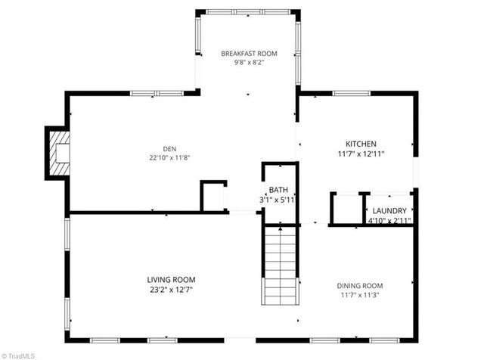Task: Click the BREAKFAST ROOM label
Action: (x=249, y=54)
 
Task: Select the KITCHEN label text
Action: (x=361, y=144)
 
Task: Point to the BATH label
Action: (x=278, y=191)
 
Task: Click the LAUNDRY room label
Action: (x=389, y=211)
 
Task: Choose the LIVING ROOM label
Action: (x=171, y=279)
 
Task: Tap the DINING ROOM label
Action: (x=359, y=285)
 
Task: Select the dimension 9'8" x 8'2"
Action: (x=249, y=64)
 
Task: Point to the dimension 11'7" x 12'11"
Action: (x=361, y=154)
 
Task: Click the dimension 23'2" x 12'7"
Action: (x=171, y=289)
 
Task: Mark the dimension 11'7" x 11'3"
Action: (x=359, y=295)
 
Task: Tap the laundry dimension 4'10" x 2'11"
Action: (x=389, y=221)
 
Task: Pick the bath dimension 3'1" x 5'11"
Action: (x=278, y=200)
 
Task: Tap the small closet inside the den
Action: (x=214, y=196)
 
